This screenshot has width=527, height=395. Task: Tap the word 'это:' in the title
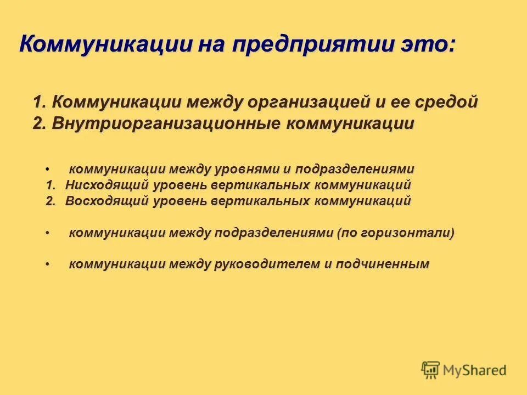[427, 44]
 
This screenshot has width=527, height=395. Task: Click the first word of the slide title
[104, 44]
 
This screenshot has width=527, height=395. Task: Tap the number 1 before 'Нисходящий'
[50, 185]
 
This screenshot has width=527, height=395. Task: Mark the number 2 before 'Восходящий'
[50, 201]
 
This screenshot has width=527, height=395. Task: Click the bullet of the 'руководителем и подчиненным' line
[48, 265]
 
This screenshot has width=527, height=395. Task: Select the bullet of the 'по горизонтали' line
[48, 233]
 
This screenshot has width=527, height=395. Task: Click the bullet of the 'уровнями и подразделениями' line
[48, 170]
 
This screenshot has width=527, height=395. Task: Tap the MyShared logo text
[475, 370]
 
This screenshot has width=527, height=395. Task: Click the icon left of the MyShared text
[431, 370]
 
